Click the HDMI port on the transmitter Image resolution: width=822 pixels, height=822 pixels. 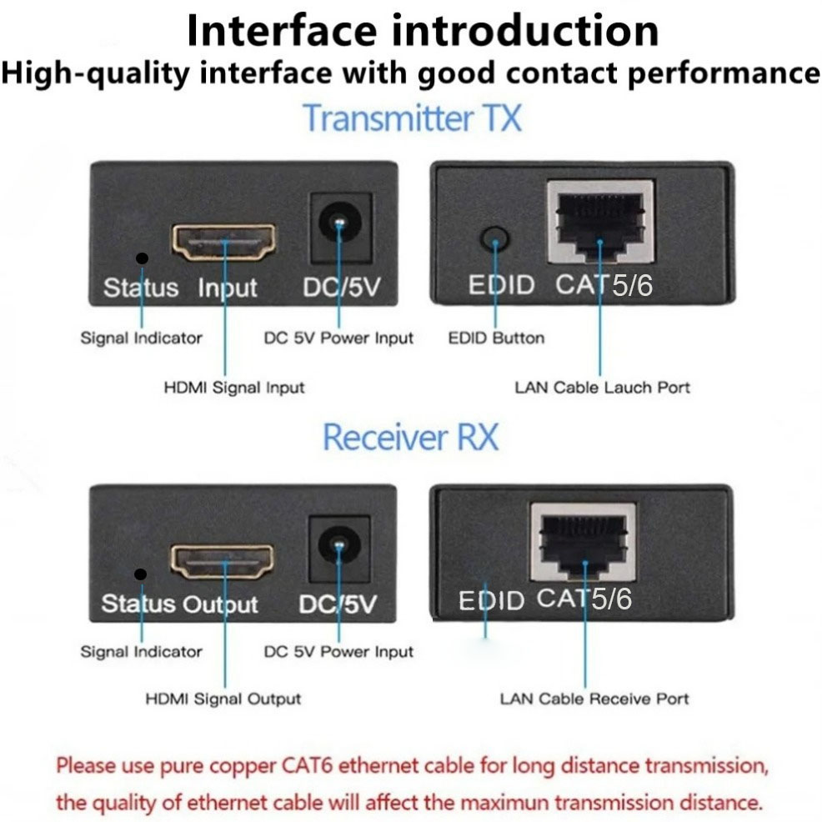[224, 243]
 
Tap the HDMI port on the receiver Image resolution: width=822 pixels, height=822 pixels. [223, 562]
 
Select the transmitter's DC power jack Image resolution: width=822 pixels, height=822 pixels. [341, 228]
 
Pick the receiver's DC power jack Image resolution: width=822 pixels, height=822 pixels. [339, 549]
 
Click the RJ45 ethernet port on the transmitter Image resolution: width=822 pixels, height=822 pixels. [601, 223]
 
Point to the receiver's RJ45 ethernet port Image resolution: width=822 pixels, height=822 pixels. [584, 543]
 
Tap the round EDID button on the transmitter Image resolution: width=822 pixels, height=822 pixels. [495, 239]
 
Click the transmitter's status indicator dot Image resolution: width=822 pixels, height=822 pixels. [142, 258]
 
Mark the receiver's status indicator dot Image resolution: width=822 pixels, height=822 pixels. [141, 574]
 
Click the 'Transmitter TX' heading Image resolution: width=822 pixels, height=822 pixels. [413, 118]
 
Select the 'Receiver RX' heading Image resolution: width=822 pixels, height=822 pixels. [410, 437]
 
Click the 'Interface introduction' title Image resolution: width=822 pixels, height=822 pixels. [423, 31]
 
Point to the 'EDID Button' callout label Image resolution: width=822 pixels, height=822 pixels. [496, 338]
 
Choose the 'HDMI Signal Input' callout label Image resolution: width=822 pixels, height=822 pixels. [233, 388]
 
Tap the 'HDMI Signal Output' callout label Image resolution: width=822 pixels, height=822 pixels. [223, 699]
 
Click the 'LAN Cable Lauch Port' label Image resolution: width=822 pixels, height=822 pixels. [603, 388]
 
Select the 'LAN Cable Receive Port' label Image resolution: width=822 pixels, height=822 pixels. [594, 699]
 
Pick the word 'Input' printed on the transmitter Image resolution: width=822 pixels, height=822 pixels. [228, 288]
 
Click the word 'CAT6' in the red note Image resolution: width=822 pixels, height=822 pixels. [307, 766]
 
